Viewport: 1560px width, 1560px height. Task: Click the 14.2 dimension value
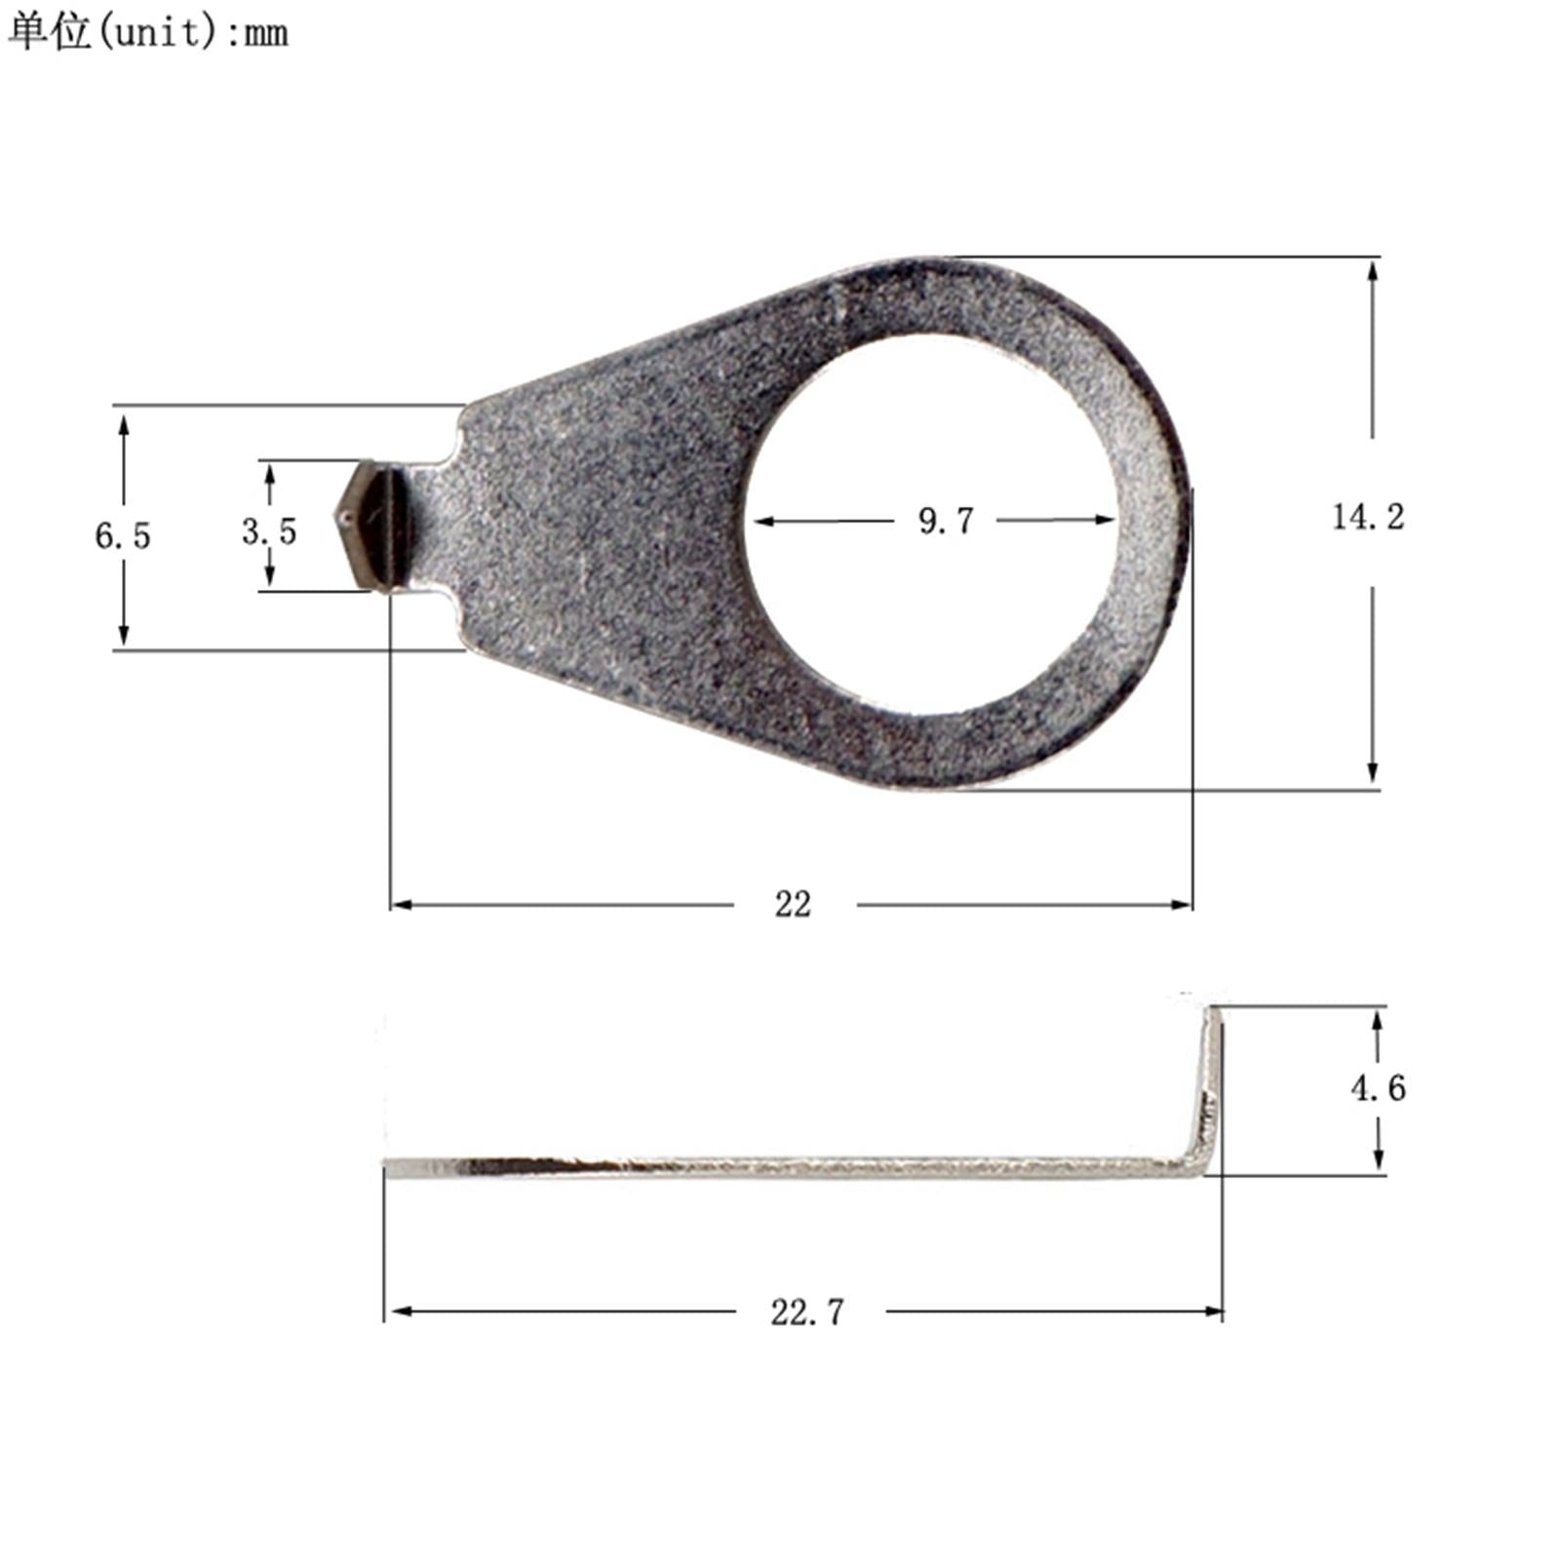coord(1368,517)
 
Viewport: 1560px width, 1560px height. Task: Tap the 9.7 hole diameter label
coord(946,521)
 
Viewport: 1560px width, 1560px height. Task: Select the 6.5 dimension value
coord(123,535)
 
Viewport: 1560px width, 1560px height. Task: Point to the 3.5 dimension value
coord(269,531)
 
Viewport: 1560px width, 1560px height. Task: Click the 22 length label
coord(793,905)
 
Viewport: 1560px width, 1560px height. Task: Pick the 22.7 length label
coord(807,1312)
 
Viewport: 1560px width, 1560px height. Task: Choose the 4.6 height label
coord(1378,1088)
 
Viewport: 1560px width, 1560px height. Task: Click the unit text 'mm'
coord(265,35)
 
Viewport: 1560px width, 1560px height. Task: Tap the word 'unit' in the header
coord(157,33)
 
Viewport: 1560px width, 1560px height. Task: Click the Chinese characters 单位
coord(49,31)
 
